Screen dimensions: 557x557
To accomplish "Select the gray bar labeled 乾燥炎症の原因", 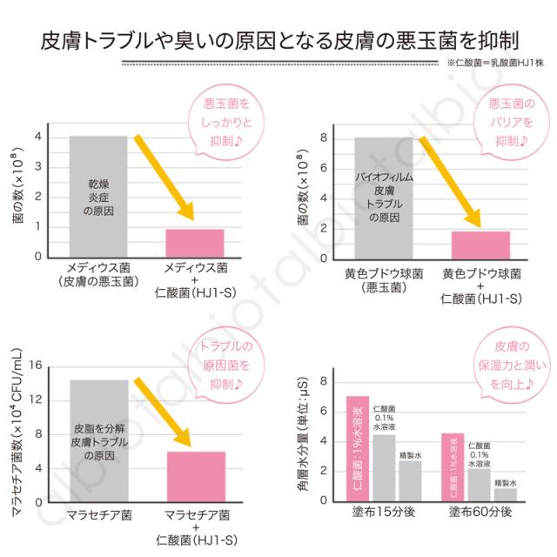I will coord(98,197).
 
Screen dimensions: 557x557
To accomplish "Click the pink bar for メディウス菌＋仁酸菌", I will coord(195,243).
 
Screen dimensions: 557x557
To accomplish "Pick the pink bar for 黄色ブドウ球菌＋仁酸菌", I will coord(480,244).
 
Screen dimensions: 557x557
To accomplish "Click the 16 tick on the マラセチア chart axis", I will coord(36,366).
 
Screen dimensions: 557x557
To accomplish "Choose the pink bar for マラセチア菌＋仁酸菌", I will coord(195,476).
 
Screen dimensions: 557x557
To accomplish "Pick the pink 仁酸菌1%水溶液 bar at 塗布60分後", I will coord(453,467).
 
